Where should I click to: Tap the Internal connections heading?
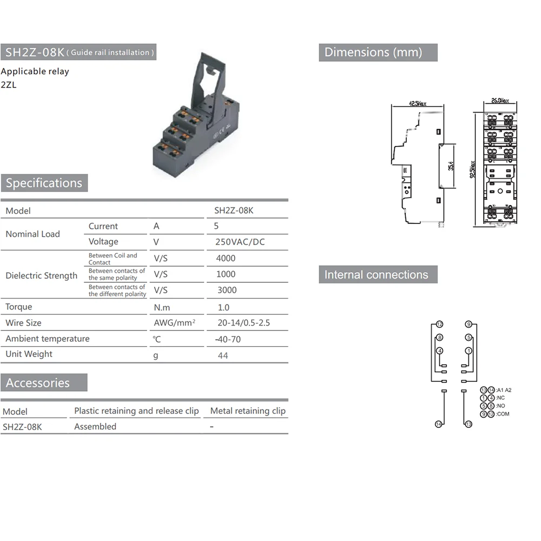tap(377, 274)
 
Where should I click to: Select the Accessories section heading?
tap(38, 383)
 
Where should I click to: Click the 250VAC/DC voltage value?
tap(240, 242)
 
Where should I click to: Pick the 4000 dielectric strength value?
tap(226, 258)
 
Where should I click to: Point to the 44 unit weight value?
tap(223, 355)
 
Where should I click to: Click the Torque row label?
tap(19, 307)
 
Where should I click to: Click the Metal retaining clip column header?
tap(248, 411)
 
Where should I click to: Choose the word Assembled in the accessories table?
tap(95, 426)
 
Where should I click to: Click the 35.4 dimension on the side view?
tap(451, 166)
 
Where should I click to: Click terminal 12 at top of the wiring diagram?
tap(439, 324)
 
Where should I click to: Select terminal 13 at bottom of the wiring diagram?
tap(469, 424)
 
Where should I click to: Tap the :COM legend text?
tap(503, 414)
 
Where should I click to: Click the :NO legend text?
tap(500, 406)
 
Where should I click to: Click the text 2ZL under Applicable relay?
tap(9, 84)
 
